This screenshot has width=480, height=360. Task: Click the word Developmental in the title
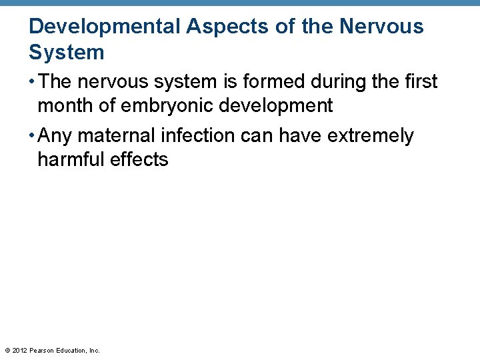pos(105,27)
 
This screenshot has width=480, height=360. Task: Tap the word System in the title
pos(67,53)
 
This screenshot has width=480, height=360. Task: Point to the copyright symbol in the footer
pos(7,350)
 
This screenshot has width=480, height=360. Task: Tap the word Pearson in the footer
pos(43,350)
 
